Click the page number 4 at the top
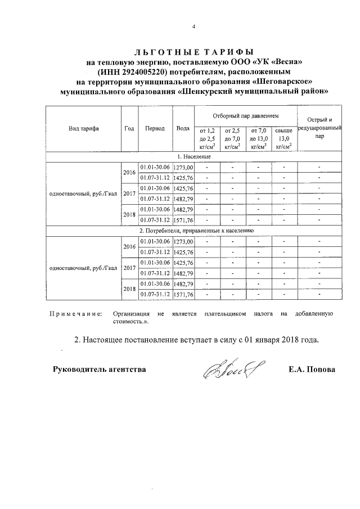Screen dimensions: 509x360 193,26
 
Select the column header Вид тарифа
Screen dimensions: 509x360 84,128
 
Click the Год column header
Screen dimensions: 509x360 129,128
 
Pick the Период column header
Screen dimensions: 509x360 155,128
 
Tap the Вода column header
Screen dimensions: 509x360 183,128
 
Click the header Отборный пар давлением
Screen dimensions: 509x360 245,115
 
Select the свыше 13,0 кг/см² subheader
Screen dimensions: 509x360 284,138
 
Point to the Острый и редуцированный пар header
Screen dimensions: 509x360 319,128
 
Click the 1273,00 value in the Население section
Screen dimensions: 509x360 183,167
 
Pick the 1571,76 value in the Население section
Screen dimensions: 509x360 183,220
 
